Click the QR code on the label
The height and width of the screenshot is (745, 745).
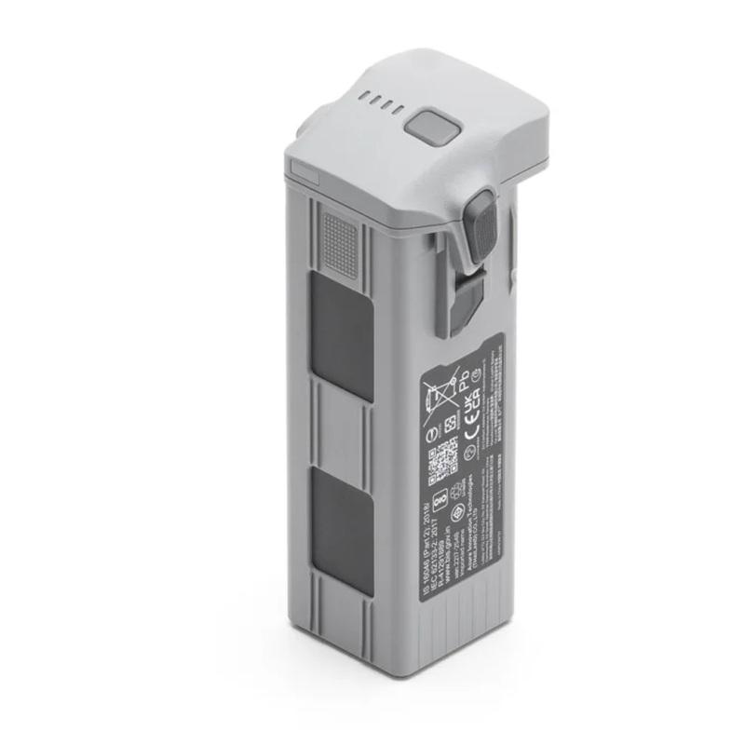[x=442, y=464]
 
